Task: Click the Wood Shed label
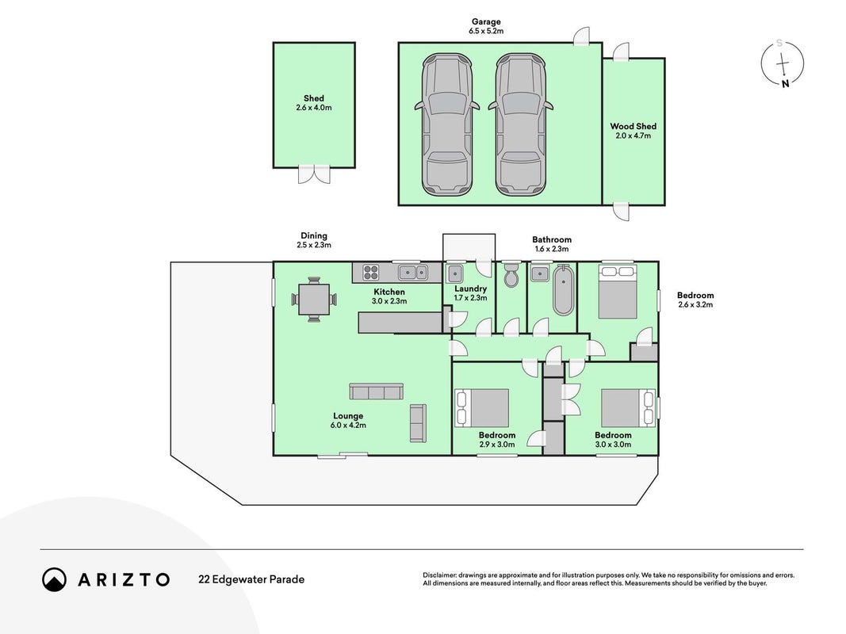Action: pyautogui.click(x=633, y=126)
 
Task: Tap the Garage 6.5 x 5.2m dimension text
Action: pyautogui.click(x=486, y=31)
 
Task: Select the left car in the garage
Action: pyautogui.click(x=446, y=124)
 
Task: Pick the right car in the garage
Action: pyautogui.click(x=521, y=124)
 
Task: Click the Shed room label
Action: pyautogui.click(x=313, y=98)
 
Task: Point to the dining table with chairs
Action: pyautogui.click(x=314, y=300)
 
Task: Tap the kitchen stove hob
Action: pyautogui.click(x=370, y=273)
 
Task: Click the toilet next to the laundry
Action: pyautogui.click(x=511, y=275)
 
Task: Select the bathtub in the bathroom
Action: pyautogui.click(x=563, y=289)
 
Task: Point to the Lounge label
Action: pyautogui.click(x=348, y=415)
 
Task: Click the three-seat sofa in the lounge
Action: pyautogui.click(x=376, y=391)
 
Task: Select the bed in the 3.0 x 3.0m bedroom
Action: pyautogui.click(x=628, y=408)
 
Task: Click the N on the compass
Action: pyautogui.click(x=785, y=83)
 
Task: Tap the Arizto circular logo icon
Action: pyautogui.click(x=54, y=579)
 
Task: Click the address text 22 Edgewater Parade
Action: pyautogui.click(x=251, y=579)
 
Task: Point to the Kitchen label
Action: pyautogui.click(x=389, y=292)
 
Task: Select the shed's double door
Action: pyautogui.click(x=314, y=174)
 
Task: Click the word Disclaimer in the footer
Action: pyautogui.click(x=440, y=575)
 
